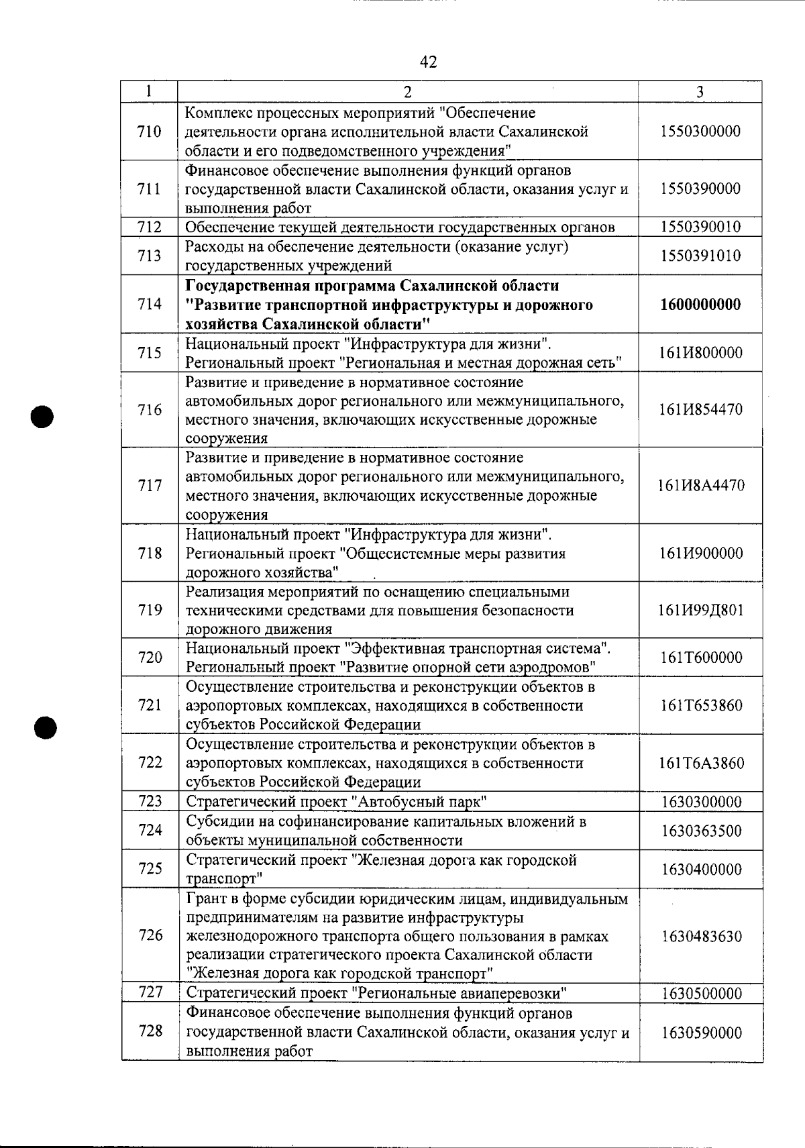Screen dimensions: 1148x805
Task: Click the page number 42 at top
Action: [428, 62]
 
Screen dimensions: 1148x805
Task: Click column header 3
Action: [700, 93]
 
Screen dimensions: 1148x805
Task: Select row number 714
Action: [150, 304]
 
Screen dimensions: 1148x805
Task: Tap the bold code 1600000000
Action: [700, 305]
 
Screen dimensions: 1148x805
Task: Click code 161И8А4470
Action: [701, 486]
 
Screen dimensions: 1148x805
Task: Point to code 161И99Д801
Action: [701, 611]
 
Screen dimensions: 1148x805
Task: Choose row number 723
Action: [150, 801]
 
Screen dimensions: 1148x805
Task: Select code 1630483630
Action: [701, 937]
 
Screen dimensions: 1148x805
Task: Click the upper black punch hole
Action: [42, 416]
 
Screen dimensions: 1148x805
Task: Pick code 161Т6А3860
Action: [701, 764]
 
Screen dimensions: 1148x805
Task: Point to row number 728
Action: [150, 1031]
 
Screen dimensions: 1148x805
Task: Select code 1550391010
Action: [700, 256]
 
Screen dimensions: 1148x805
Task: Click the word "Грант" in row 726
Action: [204, 898]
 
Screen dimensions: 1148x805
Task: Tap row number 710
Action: [149, 131]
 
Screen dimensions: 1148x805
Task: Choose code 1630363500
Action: [701, 831]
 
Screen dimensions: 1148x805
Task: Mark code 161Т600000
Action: [701, 658]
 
